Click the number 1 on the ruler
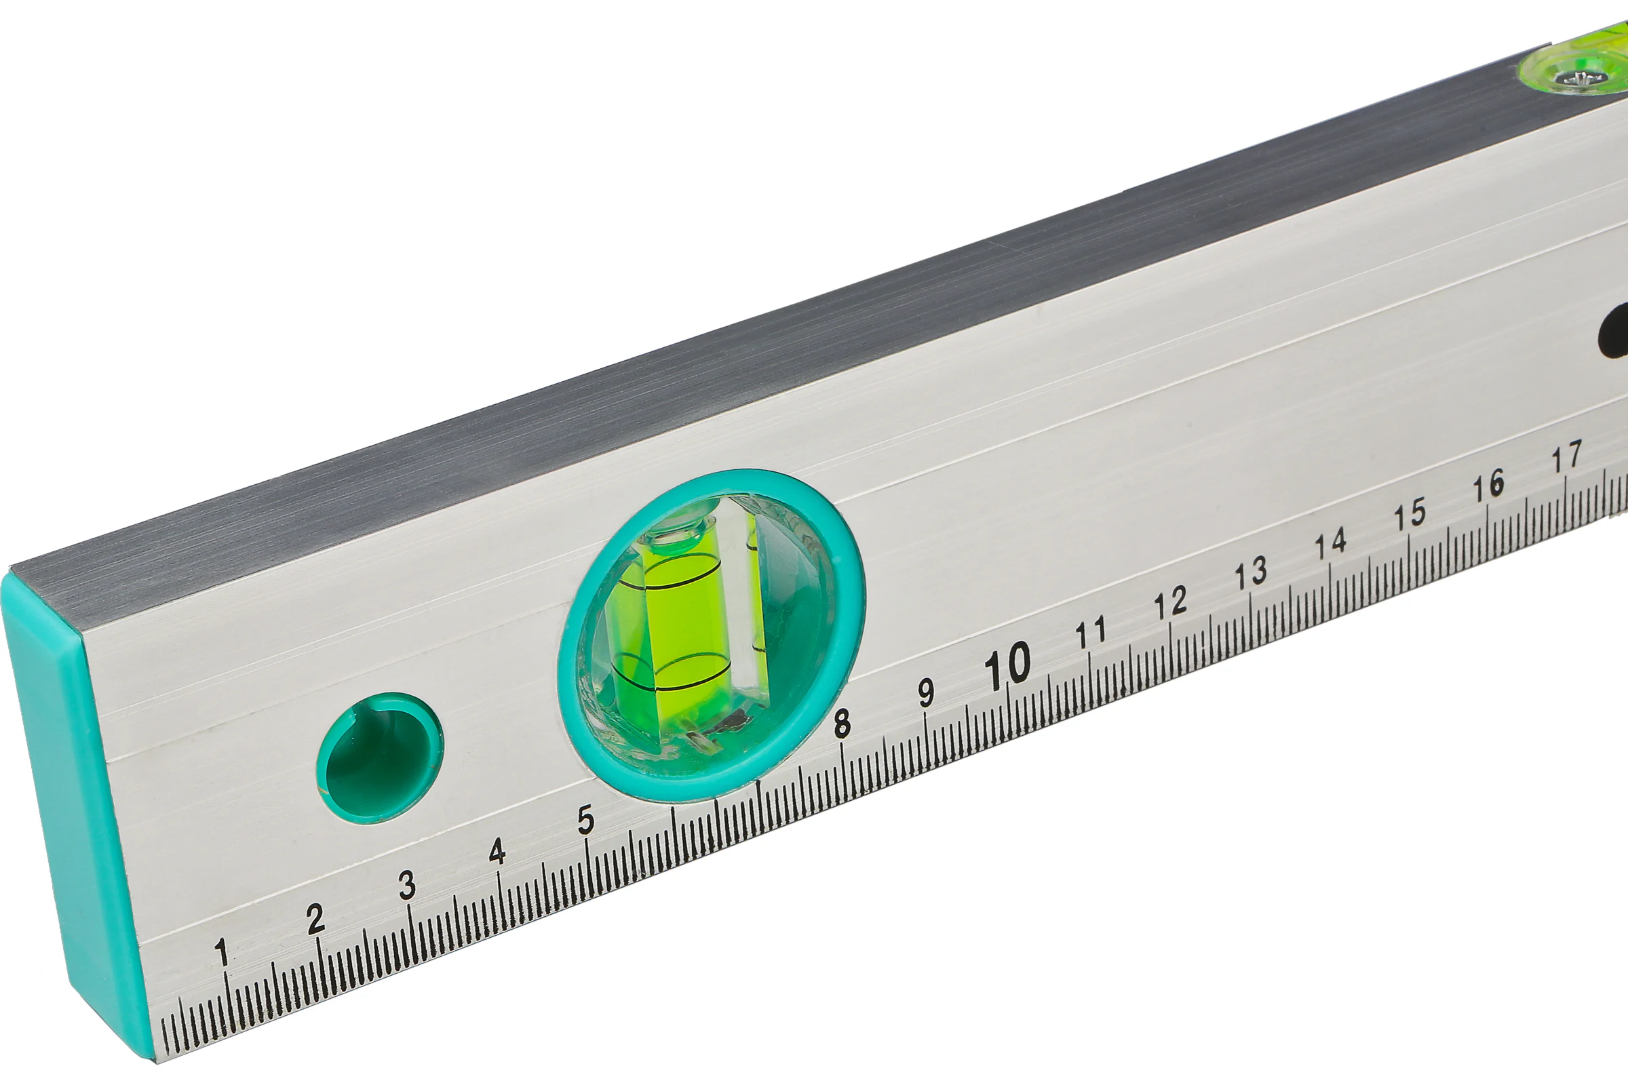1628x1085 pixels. click(x=222, y=952)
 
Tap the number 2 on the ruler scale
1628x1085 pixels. click(x=315, y=919)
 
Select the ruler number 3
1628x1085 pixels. click(x=408, y=885)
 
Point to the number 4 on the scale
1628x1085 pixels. click(x=497, y=852)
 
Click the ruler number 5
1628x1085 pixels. click(x=585, y=820)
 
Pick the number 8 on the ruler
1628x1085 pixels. click(x=842, y=724)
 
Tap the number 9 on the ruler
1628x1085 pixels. click(x=926, y=692)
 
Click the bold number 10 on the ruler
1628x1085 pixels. click(x=1008, y=665)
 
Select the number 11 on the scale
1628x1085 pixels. click(x=1091, y=634)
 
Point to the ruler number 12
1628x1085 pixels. click(x=1171, y=604)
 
